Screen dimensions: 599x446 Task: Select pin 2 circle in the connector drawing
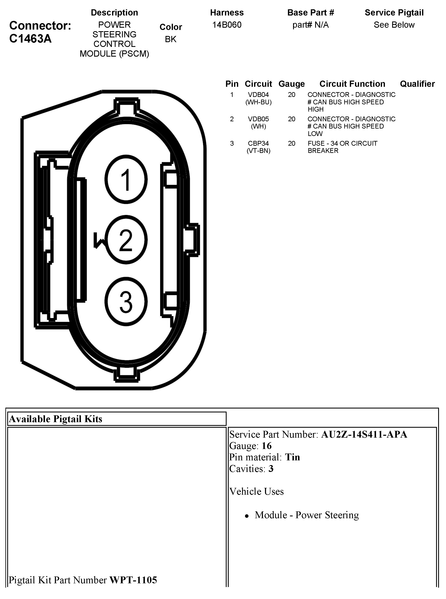126,240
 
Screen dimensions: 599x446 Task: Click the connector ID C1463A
30,39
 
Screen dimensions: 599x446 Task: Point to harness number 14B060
227,25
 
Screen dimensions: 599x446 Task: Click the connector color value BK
171,39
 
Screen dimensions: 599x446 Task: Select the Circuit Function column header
352,84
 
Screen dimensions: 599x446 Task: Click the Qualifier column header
417,84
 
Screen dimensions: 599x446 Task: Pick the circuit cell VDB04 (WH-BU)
258,98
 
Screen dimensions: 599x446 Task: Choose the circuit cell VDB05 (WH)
258,123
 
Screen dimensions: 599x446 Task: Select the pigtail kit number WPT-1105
133,580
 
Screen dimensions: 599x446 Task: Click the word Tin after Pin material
293,457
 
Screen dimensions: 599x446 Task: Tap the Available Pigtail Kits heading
56,419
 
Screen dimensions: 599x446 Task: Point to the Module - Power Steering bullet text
307,515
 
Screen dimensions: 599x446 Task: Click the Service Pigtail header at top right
394,13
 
